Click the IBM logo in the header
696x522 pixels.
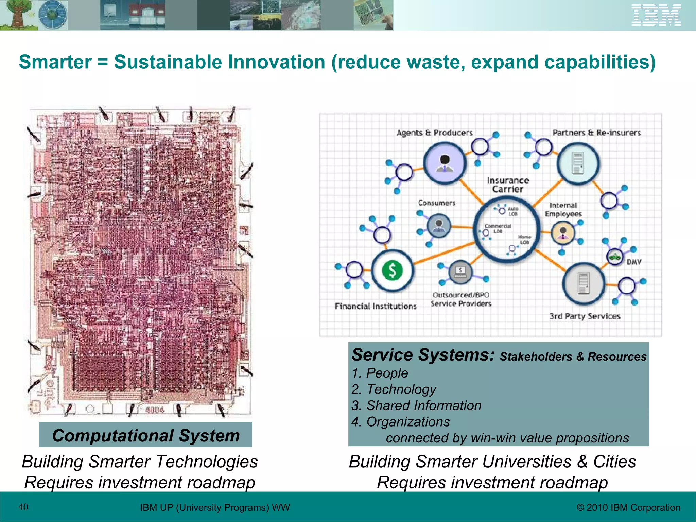[x=656, y=15]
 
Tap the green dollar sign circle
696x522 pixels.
[x=393, y=271]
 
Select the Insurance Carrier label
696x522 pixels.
[x=508, y=185]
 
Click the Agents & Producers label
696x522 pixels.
[x=435, y=133]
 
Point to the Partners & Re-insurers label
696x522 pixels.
[x=596, y=133]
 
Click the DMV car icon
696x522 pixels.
[x=614, y=257]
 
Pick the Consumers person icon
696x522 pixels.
[x=439, y=226]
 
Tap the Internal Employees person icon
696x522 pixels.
[x=563, y=233]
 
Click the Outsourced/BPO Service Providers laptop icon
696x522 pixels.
[x=460, y=272]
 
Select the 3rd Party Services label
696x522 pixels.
[x=585, y=316]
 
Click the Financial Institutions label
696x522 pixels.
[x=376, y=306]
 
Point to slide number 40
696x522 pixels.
[x=23, y=507]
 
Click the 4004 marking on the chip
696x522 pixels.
[x=155, y=410]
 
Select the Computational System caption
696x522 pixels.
[x=146, y=435]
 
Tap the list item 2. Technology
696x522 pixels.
[x=394, y=389]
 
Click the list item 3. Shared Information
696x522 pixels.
[x=417, y=405]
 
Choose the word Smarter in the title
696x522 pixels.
[x=55, y=62]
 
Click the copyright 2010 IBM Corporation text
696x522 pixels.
[x=628, y=507]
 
